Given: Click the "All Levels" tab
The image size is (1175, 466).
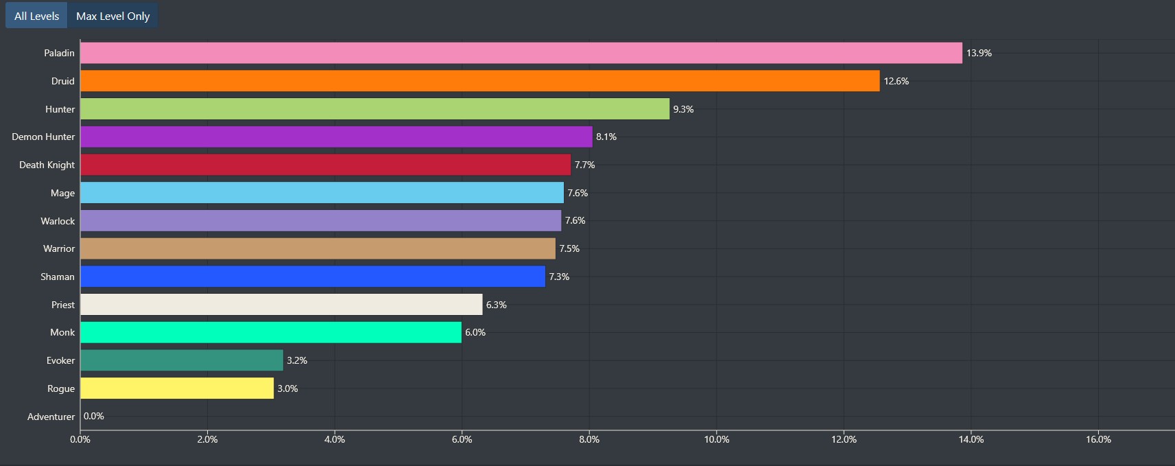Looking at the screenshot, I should point(36,16).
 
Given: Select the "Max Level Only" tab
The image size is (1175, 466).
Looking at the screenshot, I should point(112,16).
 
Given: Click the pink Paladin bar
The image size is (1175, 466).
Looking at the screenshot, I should point(521,53).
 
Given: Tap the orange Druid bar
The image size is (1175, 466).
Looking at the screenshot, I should point(479,81).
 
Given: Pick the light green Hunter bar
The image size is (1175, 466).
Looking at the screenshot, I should point(375,109).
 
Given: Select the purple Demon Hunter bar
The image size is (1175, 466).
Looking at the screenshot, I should point(336,137).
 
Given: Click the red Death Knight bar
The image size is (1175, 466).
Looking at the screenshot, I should point(325,165).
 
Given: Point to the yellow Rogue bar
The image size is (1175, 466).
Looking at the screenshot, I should point(177,388).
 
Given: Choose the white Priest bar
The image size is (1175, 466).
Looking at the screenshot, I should point(281,305).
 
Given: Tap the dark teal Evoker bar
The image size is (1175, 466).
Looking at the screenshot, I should point(181,360).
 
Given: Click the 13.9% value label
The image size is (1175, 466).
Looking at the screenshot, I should point(979,53).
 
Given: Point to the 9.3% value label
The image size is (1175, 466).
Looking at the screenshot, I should point(683,109).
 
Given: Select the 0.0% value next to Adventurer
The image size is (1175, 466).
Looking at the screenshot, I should point(94,416).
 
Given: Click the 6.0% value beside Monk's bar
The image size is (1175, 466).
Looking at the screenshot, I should point(475,332).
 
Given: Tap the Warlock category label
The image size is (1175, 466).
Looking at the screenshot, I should point(58,221).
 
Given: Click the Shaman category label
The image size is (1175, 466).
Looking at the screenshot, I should point(58,277).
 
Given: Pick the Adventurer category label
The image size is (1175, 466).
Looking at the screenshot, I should point(51,417).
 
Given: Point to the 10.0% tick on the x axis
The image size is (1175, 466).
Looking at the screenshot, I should point(716,439).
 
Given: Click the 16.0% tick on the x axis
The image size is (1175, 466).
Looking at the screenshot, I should point(1098,439).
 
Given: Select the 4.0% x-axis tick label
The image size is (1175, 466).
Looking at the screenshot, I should point(335,439).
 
